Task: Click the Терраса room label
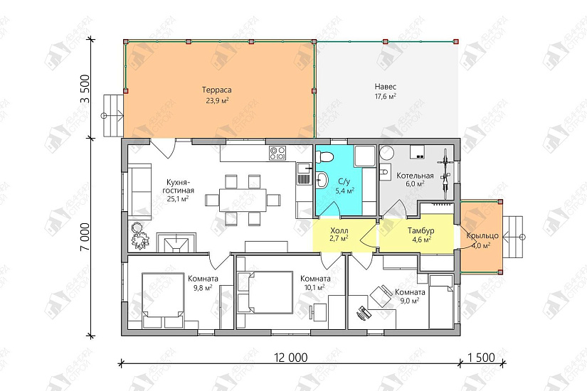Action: [217, 90]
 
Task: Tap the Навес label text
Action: [385, 87]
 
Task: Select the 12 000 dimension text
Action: [291, 358]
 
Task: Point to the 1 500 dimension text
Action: [482, 358]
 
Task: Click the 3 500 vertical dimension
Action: [85, 89]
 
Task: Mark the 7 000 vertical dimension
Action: [85, 237]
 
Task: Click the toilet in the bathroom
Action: [324, 156]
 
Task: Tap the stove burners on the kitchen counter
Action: [277, 154]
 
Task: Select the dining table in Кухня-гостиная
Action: [243, 200]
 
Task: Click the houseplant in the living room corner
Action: [140, 236]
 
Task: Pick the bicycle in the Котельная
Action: [445, 173]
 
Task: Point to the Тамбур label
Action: [421, 230]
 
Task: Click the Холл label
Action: [339, 230]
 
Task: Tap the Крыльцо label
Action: [482, 236]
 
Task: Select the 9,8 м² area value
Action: [203, 288]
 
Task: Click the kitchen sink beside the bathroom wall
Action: [303, 174]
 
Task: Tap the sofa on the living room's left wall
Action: [139, 191]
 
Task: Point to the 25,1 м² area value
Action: [177, 199]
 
